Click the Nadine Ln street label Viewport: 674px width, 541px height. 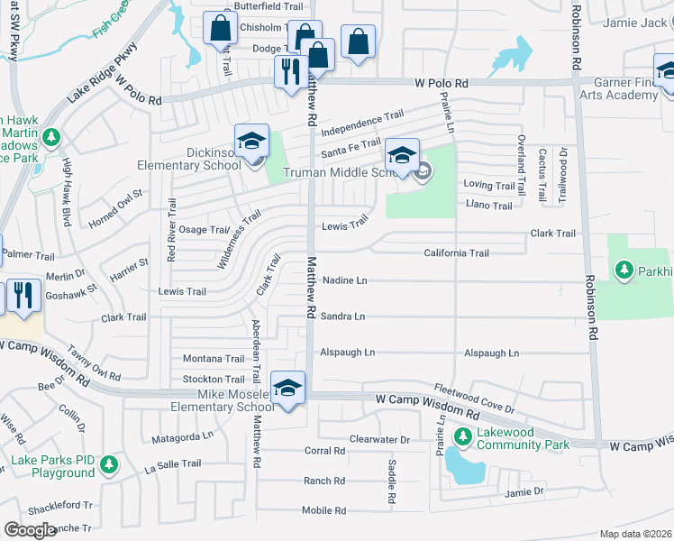(343, 280)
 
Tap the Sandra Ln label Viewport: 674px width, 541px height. (342, 316)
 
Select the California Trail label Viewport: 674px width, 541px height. (456, 253)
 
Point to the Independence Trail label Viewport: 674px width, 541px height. (362, 118)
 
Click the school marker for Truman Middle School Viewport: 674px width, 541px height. (403, 155)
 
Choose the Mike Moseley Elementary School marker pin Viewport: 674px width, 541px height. (287, 390)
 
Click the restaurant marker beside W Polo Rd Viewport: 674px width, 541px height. (289, 71)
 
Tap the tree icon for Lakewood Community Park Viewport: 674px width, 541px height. (463, 437)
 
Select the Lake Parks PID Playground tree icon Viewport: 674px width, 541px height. (109, 465)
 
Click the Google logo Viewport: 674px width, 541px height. (29, 529)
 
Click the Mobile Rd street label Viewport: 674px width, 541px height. (323, 510)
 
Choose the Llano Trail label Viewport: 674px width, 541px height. (488, 206)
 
